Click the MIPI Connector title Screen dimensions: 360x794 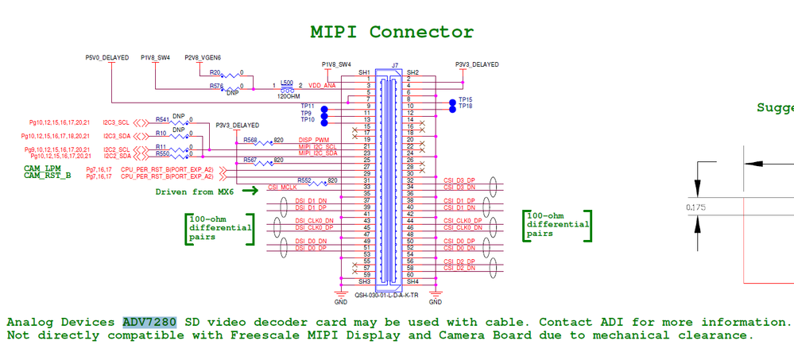point(392,32)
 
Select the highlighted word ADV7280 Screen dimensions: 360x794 point(149,322)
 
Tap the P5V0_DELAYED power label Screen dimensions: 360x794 point(107,57)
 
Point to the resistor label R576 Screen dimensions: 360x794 point(216,86)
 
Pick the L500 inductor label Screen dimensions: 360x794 point(287,82)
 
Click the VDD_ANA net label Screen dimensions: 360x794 point(321,84)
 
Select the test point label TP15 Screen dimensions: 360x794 point(466,99)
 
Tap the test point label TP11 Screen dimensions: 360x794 point(308,106)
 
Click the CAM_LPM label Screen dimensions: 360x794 point(42,168)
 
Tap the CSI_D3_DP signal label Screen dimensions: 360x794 point(460,180)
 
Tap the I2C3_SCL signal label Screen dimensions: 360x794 point(116,122)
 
